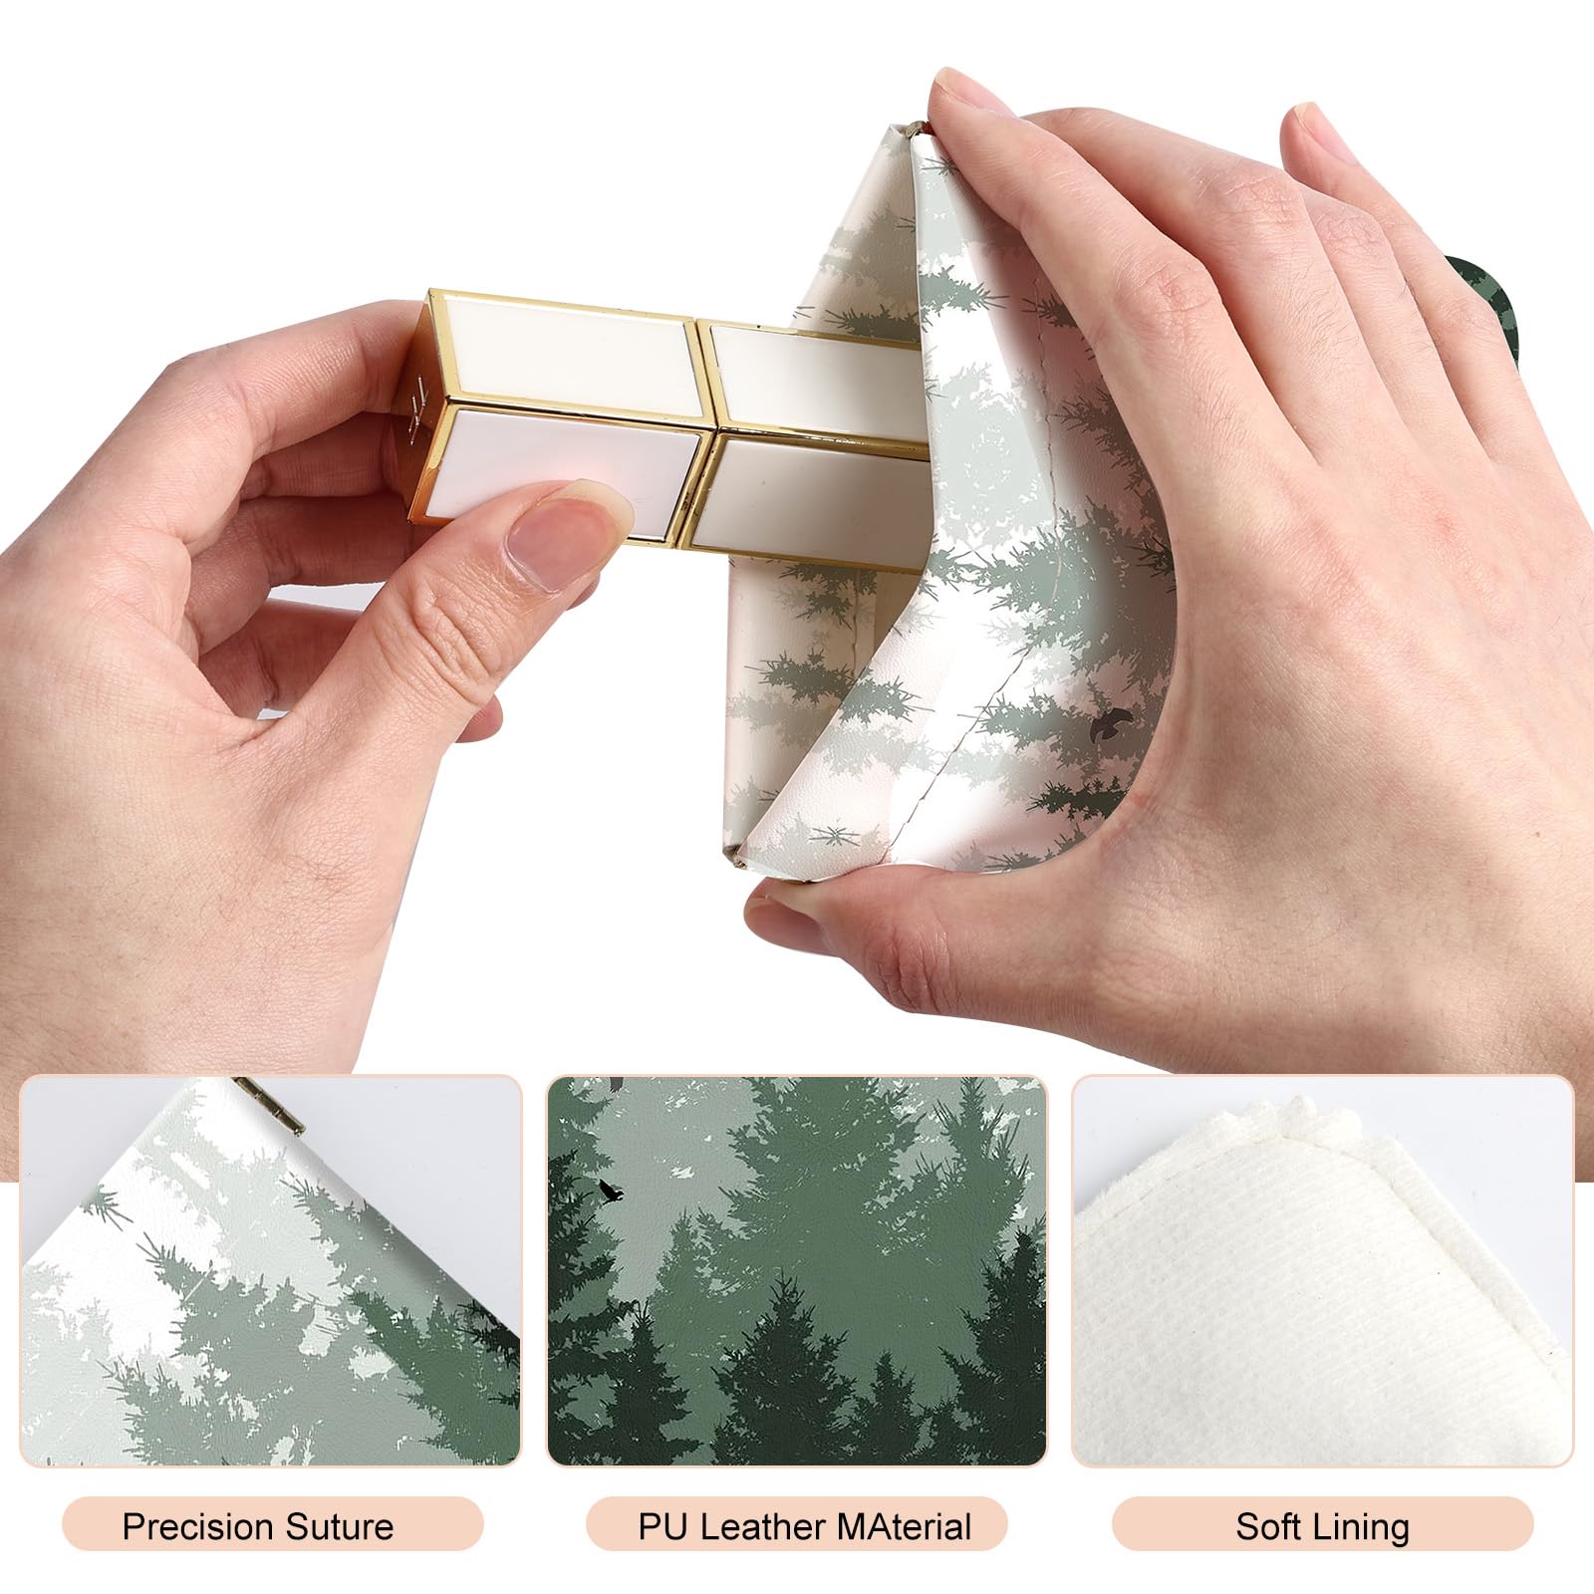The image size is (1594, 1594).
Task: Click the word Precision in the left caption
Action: tap(196, 1526)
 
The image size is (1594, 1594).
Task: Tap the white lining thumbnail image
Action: tap(1322, 1271)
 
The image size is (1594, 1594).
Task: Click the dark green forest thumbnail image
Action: tap(797, 1271)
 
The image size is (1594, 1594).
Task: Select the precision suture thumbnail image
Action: tap(271, 1271)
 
